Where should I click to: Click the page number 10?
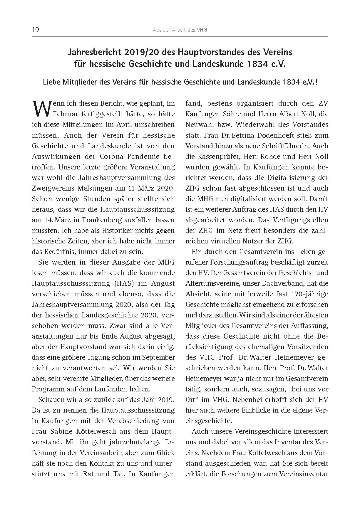click(x=35, y=30)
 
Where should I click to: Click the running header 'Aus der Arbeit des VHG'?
click(x=180, y=30)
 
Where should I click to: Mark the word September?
click(x=158, y=357)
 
